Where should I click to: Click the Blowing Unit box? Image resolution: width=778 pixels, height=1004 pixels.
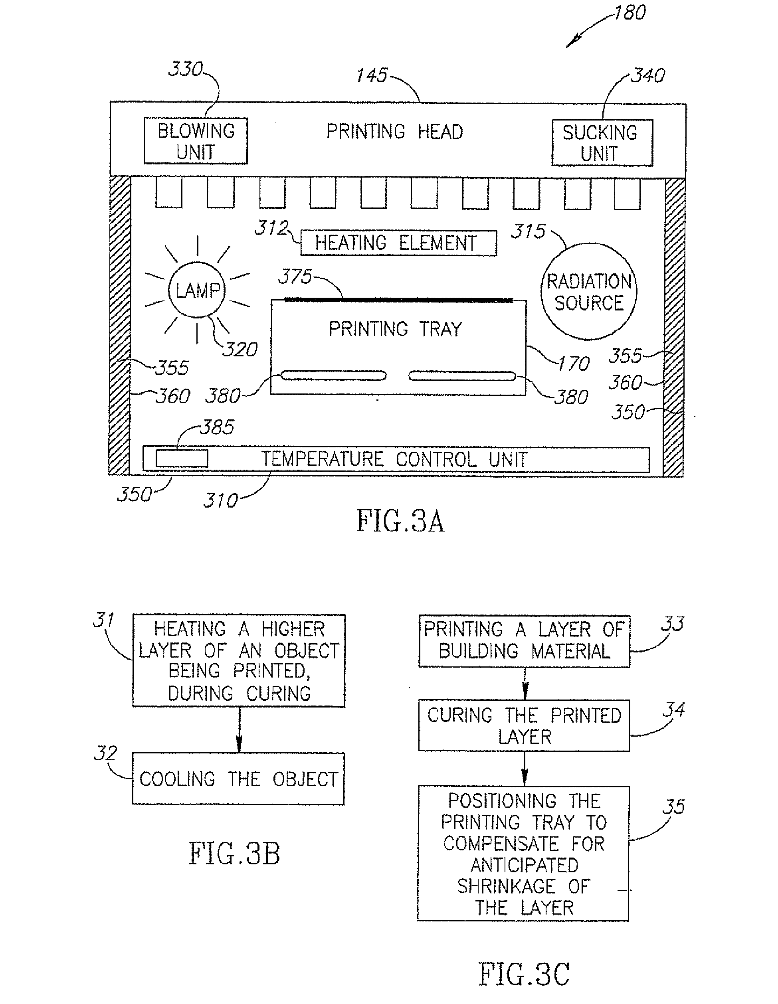[196, 141]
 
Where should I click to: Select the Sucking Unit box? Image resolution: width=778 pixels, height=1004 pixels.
[602, 142]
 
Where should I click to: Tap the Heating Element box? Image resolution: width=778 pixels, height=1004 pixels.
[398, 243]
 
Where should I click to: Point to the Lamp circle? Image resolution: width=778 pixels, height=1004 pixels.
[197, 290]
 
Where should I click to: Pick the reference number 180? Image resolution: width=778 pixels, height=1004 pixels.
[630, 12]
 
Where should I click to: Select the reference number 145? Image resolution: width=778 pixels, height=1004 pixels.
[372, 75]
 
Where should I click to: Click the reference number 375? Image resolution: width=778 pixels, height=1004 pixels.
[295, 277]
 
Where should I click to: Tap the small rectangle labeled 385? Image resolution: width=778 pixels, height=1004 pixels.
[182, 459]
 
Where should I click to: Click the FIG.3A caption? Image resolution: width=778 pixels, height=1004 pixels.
[400, 521]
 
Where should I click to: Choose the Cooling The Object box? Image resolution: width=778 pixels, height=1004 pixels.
[238, 779]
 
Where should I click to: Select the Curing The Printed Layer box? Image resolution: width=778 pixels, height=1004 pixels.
[524, 725]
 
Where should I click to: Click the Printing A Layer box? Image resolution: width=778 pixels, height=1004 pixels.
[524, 641]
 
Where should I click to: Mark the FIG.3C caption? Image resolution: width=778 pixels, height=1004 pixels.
[524, 974]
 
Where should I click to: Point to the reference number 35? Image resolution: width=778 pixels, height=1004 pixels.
[673, 807]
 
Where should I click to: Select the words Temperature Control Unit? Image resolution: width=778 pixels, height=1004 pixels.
[394, 459]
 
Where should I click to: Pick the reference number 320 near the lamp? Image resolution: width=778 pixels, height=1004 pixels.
[240, 350]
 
